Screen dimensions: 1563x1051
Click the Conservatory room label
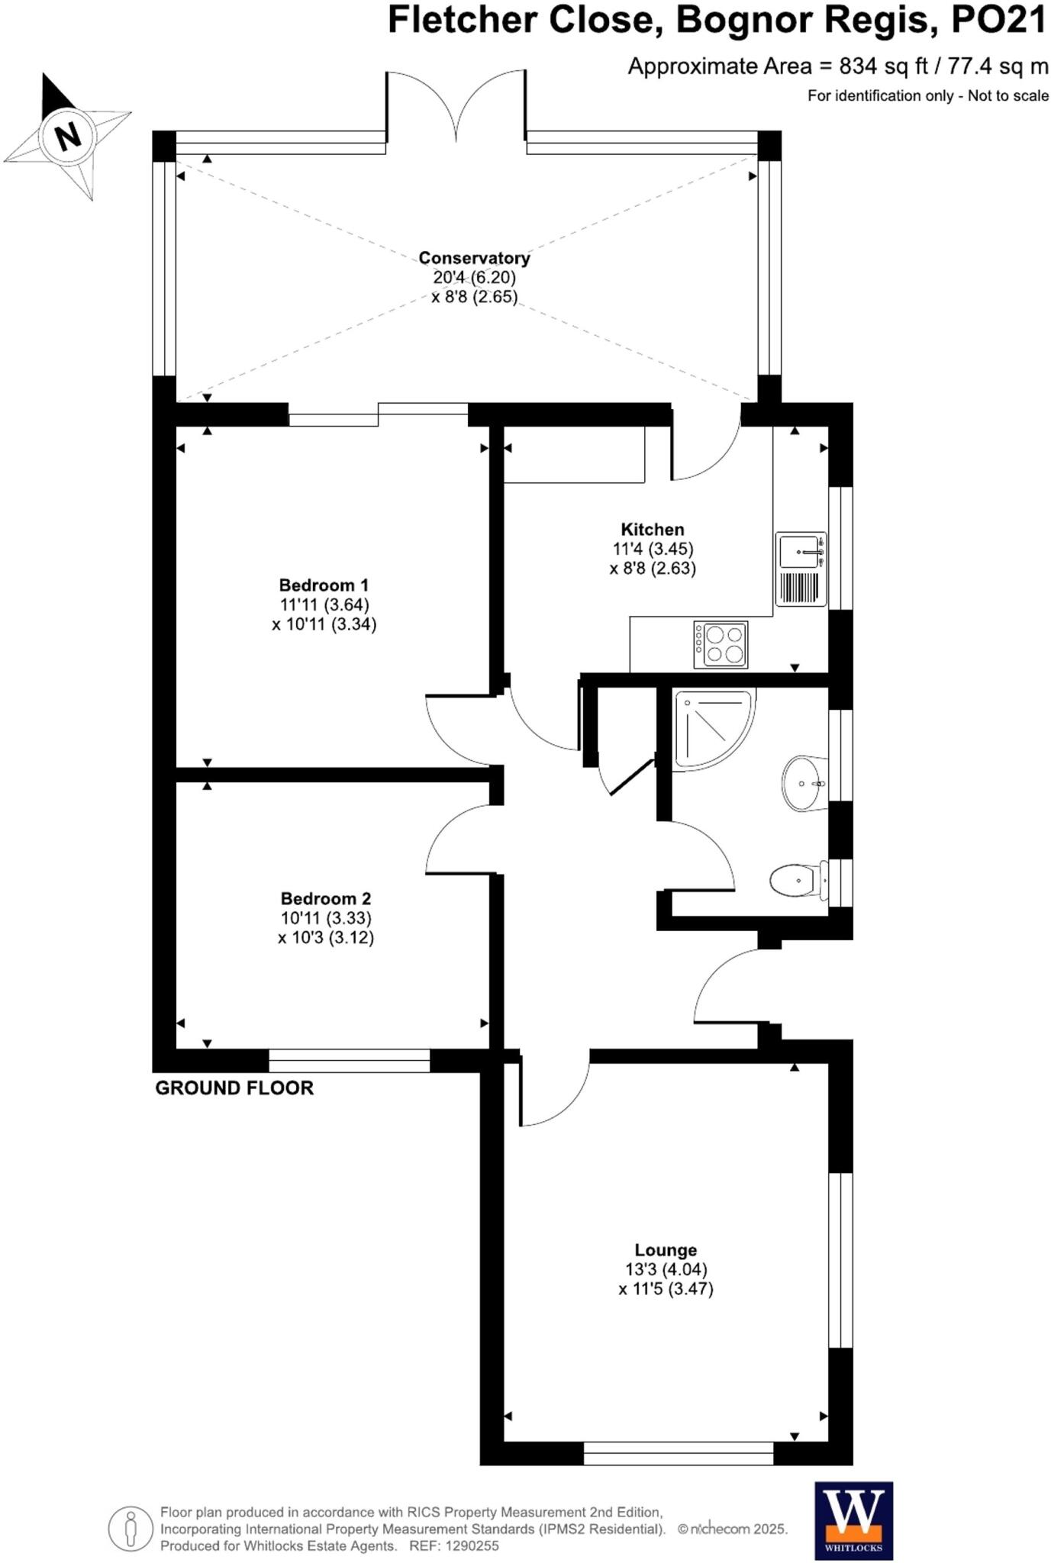(474, 258)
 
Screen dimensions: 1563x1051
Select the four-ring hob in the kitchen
(721, 645)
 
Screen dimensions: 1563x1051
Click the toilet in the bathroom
(798, 881)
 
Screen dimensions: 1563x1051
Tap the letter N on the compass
(69, 136)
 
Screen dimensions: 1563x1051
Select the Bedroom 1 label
(324, 585)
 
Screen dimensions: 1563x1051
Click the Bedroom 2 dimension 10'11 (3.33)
(326, 918)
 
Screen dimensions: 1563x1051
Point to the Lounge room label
(666, 1250)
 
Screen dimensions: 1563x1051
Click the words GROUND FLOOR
(234, 1088)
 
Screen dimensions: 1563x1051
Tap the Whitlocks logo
(853, 1521)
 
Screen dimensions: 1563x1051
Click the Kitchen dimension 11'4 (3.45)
(653, 549)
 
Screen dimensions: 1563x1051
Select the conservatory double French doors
(456, 107)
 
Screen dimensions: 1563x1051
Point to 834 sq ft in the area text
(883, 66)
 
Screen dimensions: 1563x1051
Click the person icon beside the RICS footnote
(131, 1529)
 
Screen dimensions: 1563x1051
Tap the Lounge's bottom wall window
(678, 1454)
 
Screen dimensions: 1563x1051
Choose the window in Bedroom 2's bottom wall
(349, 1061)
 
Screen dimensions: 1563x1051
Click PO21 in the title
(998, 21)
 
